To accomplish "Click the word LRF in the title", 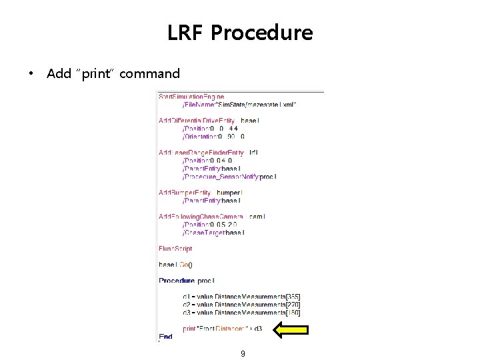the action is [187, 32].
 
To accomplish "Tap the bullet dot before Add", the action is [31, 73].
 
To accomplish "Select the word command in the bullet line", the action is [151, 73].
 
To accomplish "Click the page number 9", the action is [243, 353].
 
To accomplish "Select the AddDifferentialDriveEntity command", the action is [199, 120].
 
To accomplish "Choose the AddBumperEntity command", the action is [185, 193].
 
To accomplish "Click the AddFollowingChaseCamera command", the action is [201, 217].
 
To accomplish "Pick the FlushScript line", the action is [175, 249].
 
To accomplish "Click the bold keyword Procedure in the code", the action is [177, 281].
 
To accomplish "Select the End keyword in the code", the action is [165, 336].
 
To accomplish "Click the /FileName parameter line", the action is [240, 104].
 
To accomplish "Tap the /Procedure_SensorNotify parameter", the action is [229, 176].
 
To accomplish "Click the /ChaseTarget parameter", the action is [213, 233].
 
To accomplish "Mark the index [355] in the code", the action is [291, 296].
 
